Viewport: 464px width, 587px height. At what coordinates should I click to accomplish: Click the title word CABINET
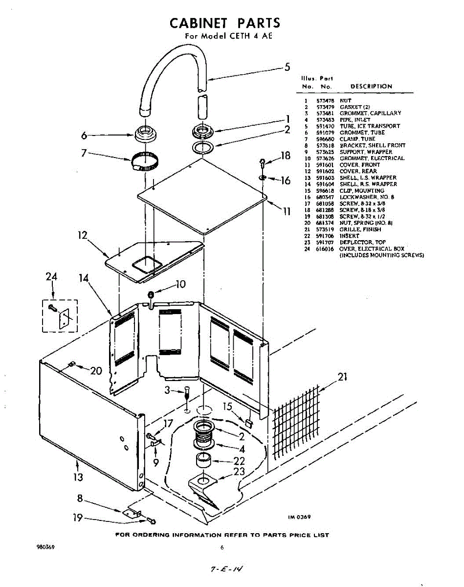[199, 23]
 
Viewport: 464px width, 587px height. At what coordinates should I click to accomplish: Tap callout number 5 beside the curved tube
[287, 68]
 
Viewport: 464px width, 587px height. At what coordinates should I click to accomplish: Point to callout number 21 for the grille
[343, 377]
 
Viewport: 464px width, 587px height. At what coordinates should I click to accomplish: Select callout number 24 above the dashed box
[51, 277]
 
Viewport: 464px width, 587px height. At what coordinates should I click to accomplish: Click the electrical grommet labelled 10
[151, 294]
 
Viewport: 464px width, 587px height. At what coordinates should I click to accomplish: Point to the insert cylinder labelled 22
[205, 460]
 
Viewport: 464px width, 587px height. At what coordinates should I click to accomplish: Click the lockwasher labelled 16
[263, 177]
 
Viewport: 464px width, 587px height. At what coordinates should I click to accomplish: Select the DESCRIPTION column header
[371, 87]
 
